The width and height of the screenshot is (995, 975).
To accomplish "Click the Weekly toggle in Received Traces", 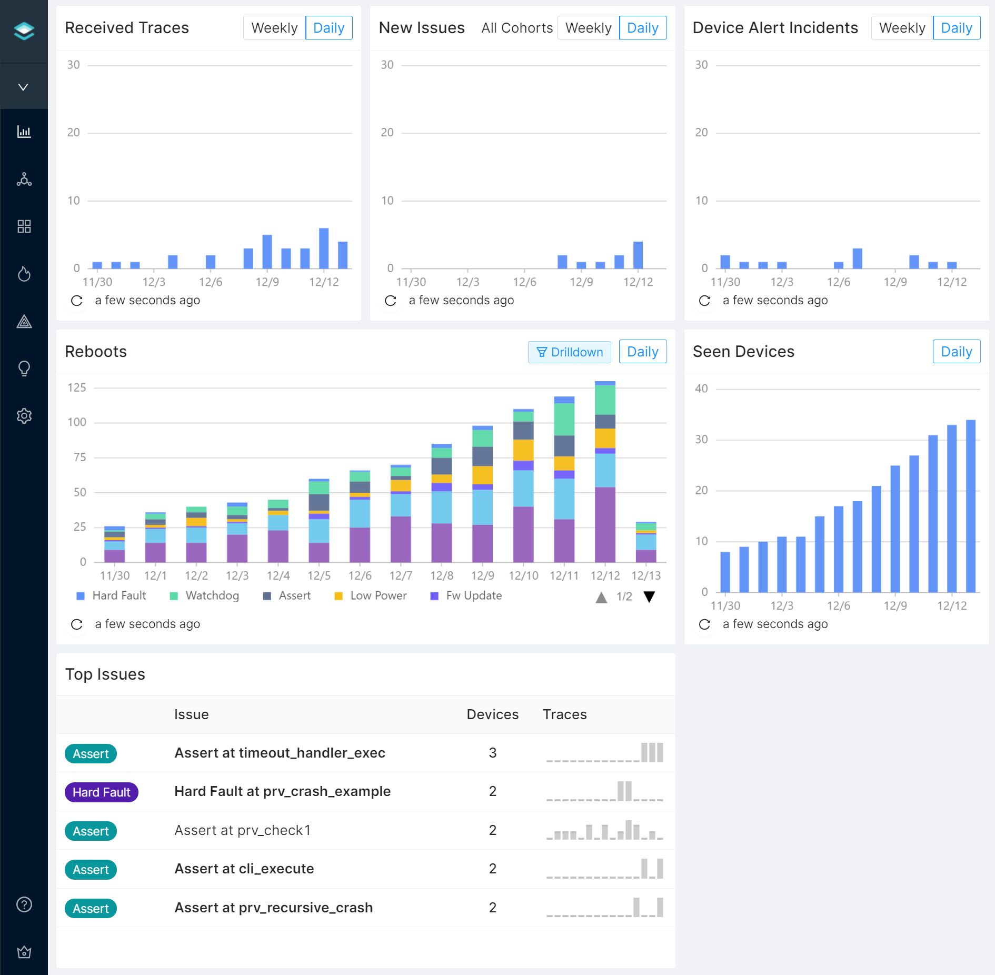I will click(x=274, y=28).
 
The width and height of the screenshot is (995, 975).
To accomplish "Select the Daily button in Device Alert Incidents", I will click(x=956, y=28).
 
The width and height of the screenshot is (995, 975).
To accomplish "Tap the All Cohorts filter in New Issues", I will click(x=516, y=28).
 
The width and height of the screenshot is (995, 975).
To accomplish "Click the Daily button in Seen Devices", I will click(x=956, y=352).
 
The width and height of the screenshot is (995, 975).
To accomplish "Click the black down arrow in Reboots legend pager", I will click(x=649, y=597).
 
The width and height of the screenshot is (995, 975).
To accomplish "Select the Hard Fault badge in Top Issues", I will click(x=101, y=792).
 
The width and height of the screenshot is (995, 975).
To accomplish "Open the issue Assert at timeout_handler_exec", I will click(x=280, y=753).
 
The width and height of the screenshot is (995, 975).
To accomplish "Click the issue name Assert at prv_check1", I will click(x=242, y=831).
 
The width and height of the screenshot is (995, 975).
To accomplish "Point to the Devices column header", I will click(x=492, y=714).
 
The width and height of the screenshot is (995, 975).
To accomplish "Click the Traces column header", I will click(x=564, y=714).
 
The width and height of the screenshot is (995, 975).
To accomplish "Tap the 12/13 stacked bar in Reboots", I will click(x=646, y=542).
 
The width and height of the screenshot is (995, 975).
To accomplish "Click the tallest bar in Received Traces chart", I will click(x=324, y=248).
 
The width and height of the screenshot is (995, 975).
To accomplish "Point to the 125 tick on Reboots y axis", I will click(x=77, y=388).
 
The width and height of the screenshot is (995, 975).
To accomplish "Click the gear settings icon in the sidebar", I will click(x=24, y=416).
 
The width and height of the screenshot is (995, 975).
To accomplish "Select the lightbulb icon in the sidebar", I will click(x=24, y=369).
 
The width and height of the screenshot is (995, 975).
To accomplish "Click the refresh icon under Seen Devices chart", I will click(x=704, y=624).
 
